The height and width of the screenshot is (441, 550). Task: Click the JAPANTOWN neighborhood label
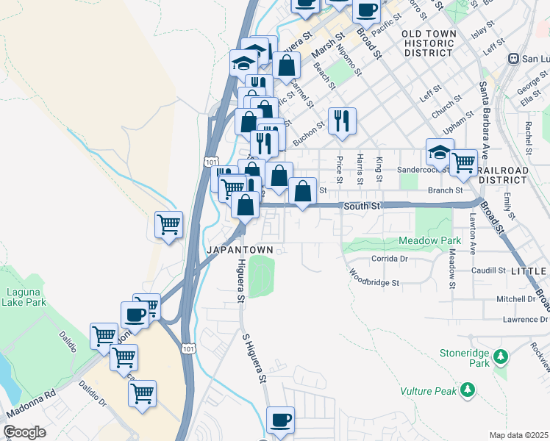pos(240,250)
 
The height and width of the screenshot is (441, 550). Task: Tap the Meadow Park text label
pos(429,241)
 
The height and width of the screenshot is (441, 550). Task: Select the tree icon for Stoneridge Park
pos(501,357)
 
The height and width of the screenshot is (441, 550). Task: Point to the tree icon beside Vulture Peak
pos(466,390)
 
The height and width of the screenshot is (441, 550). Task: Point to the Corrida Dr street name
pos(389,259)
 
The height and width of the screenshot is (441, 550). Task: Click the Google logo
pos(24,432)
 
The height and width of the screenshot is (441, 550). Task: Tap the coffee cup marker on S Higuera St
pos(280,421)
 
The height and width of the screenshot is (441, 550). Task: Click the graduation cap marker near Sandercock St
pos(439,153)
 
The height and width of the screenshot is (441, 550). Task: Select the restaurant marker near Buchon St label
pos(341,121)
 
